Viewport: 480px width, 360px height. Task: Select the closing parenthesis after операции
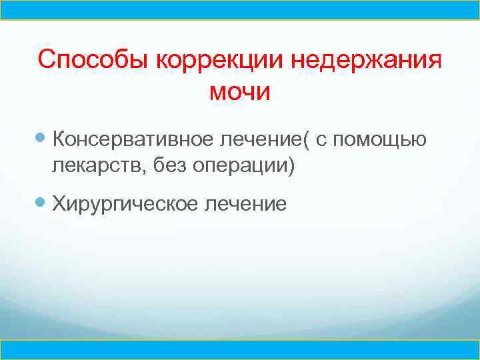(290, 165)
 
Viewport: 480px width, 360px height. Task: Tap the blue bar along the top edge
(240, 9)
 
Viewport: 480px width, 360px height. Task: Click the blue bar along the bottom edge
(240, 349)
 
